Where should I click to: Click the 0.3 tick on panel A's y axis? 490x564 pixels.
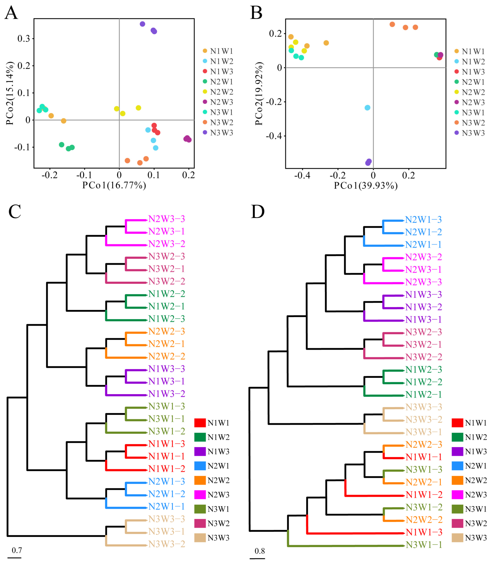[x=24, y=39]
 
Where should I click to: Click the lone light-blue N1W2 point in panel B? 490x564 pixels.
[x=367, y=108]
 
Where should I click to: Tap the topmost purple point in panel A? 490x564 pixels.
[x=142, y=24]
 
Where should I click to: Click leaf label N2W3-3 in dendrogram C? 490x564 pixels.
[x=167, y=219]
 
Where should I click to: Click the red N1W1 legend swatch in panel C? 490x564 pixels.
[x=200, y=423]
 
